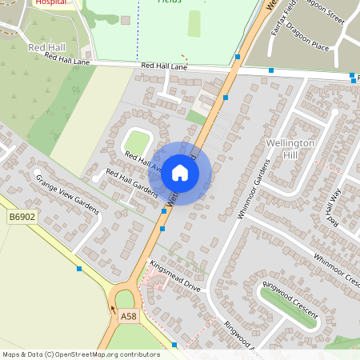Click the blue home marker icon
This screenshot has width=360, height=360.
[x=180, y=173]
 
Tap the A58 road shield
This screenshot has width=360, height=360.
[x=128, y=318]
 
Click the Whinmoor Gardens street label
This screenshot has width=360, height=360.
[x=255, y=183]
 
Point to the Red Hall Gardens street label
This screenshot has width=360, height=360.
[x=132, y=185]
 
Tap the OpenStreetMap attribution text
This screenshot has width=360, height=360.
[x=81, y=354]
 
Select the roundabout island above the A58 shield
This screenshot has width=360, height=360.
[x=125, y=300]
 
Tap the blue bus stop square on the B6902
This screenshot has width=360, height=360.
[x=79, y=269]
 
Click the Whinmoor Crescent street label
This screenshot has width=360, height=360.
[x=337, y=270]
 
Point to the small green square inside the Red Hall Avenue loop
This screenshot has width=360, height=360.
[x=137, y=143]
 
